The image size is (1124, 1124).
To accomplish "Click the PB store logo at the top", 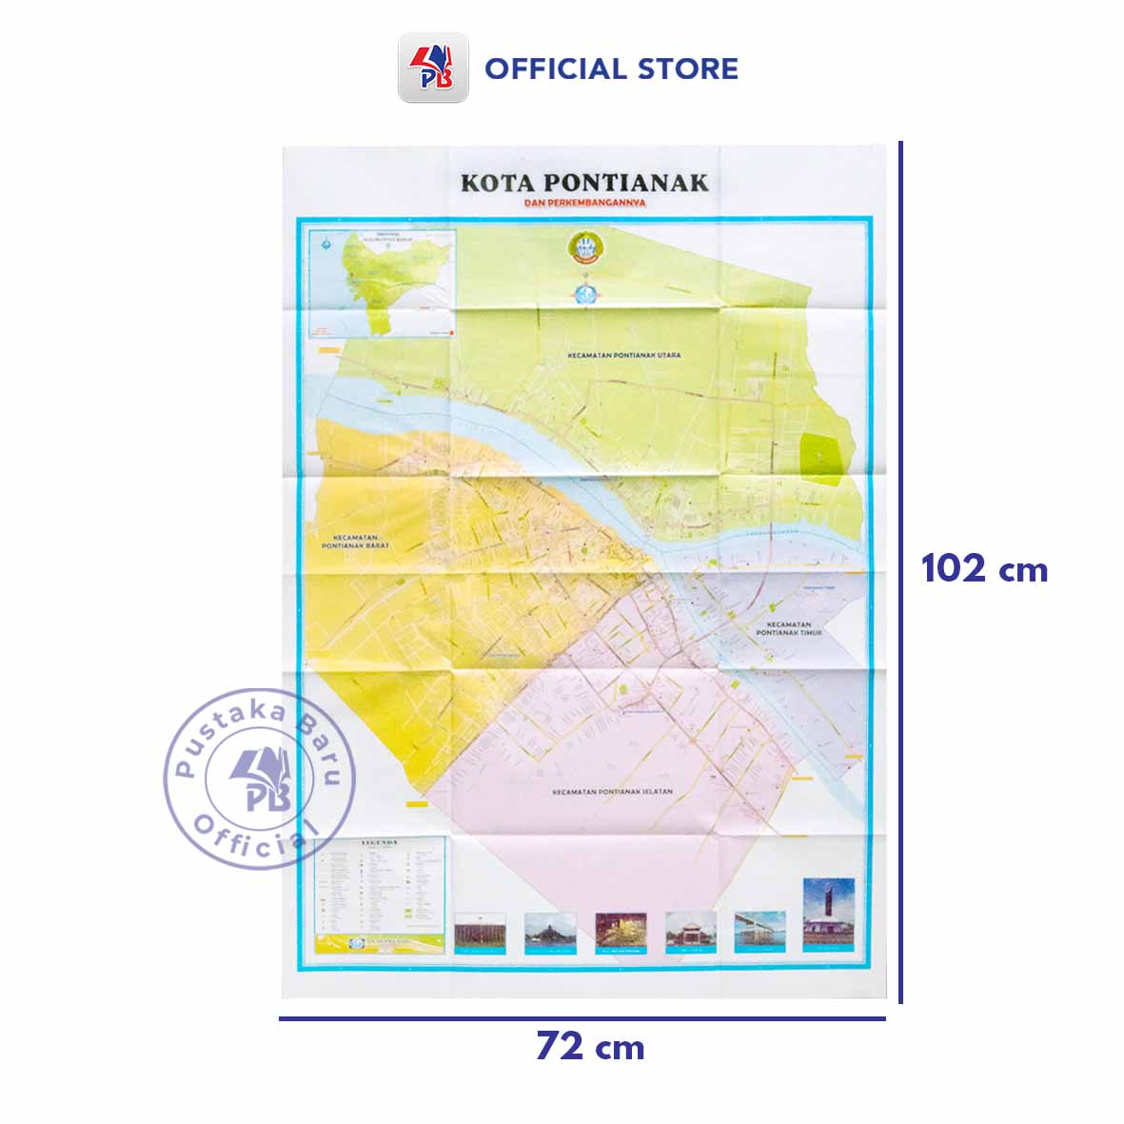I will click(433, 68).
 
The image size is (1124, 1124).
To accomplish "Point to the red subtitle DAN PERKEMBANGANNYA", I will click(584, 203).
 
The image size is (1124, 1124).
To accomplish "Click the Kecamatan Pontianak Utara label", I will click(623, 355).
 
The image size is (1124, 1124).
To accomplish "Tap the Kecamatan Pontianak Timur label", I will click(788, 628).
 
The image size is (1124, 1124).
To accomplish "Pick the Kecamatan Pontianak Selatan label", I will click(612, 791).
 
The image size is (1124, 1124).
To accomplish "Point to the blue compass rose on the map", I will click(582, 290).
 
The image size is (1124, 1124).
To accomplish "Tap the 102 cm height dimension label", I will click(984, 569).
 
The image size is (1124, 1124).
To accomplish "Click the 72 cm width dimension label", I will click(590, 1047).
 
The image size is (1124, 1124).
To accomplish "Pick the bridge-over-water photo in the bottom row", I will click(759, 931).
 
